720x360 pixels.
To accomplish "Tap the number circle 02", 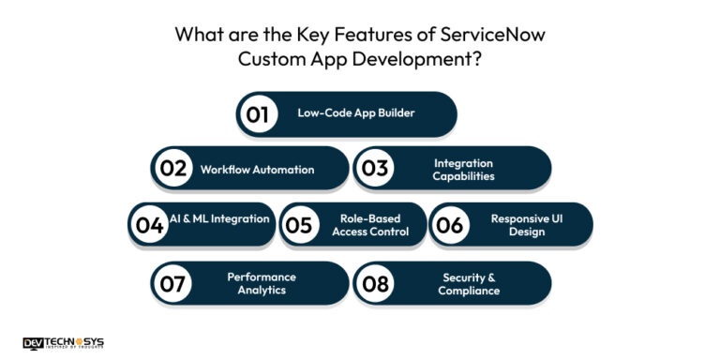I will click(x=173, y=170).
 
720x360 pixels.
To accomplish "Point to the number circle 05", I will click(x=300, y=226).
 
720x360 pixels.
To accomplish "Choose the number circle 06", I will click(x=450, y=226).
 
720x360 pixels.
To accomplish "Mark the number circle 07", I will click(x=173, y=284).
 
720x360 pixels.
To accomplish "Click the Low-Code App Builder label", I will click(x=355, y=113).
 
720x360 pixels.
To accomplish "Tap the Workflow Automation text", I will click(x=257, y=170).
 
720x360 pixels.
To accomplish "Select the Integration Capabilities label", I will click(x=463, y=170).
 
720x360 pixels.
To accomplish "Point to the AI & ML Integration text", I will click(x=220, y=218).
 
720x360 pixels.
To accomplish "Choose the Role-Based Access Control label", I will click(x=370, y=225).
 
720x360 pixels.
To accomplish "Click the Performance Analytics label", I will click(x=262, y=283).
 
